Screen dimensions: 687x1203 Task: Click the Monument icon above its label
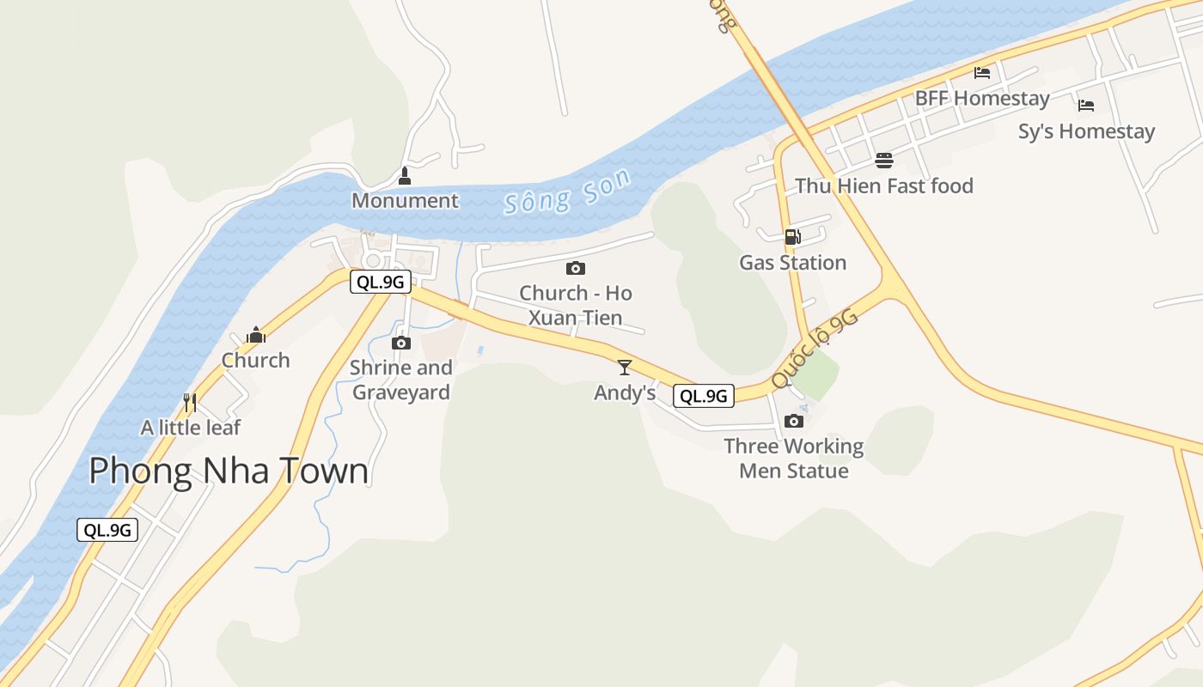coord(405,177)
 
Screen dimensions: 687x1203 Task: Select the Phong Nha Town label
coord(229,471)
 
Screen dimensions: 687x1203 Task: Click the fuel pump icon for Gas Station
coord(792,236)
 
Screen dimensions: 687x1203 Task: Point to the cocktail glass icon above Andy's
coord(625,368)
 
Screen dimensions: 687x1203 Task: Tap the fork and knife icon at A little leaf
coord(190,402)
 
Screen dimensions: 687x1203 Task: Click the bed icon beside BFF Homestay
coord(982,73)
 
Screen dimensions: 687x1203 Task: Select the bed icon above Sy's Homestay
coord(1086,106)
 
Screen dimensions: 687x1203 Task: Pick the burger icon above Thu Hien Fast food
coord(884,160)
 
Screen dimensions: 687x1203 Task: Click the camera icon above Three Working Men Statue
coord(794,421)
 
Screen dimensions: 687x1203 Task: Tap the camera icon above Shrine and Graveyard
coord(400,343)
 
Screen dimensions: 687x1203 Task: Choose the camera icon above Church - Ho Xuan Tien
coord(576,268)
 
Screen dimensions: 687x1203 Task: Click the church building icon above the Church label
coord(255,335)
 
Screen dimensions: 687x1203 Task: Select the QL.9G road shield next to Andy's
coord(704,396)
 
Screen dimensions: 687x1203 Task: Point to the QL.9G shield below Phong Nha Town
coord(107,530)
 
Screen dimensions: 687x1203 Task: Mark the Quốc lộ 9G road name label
coord(814,350)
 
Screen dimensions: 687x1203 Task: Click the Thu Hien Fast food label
coord(884,185)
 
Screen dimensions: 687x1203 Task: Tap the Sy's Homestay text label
coord(1086,131)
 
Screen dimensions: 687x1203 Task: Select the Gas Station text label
coord(792,263)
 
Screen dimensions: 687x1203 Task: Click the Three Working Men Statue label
coord(794,459)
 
